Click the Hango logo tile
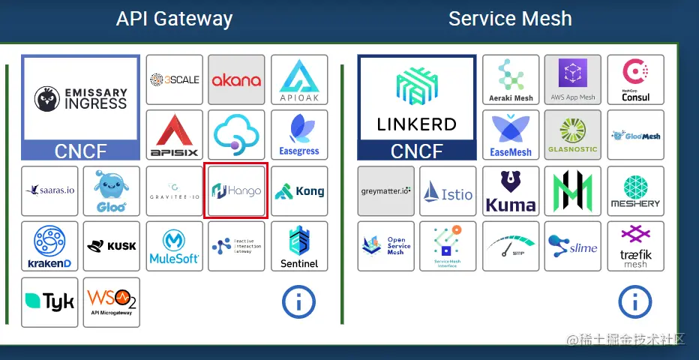pyautogui.click(x=235, y=191)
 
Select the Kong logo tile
pyautogui.click(x=299, y=191)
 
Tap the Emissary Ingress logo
pyautogui.click(x=80, y=98)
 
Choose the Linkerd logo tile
pyautogui.click(x=416, y=98)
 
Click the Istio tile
pyautogui.click(x=448, y=191)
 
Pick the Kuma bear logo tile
pyautogui.click(x=510, y=191)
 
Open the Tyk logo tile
pyautogui.click(x=49, y=302)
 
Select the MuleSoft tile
pyautogui.click(x=174, y=247)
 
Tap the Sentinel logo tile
pyautogui.click(x=299, y=247)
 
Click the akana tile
pyautogui.click(x=236, y=79)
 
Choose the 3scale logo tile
pyautogui.click(x=174, y=79)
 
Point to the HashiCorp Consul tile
pyautogui.click(x=635, y=79)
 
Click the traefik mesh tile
pyautogui.click(x=635, y=247)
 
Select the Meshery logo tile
pyautogui.click(x=635, y=191)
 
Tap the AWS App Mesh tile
pyautogui.click(x=573, y=79)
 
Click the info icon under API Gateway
pyautogui.click(x=298, y=302)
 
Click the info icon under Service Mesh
pyautogui.click(x=634, y=302)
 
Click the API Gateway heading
pyautogui.click(x=174, y=19)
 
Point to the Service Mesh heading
pyautogui.click(x=510, y=19)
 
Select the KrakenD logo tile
pyautogui.click(x=49, y=247)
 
